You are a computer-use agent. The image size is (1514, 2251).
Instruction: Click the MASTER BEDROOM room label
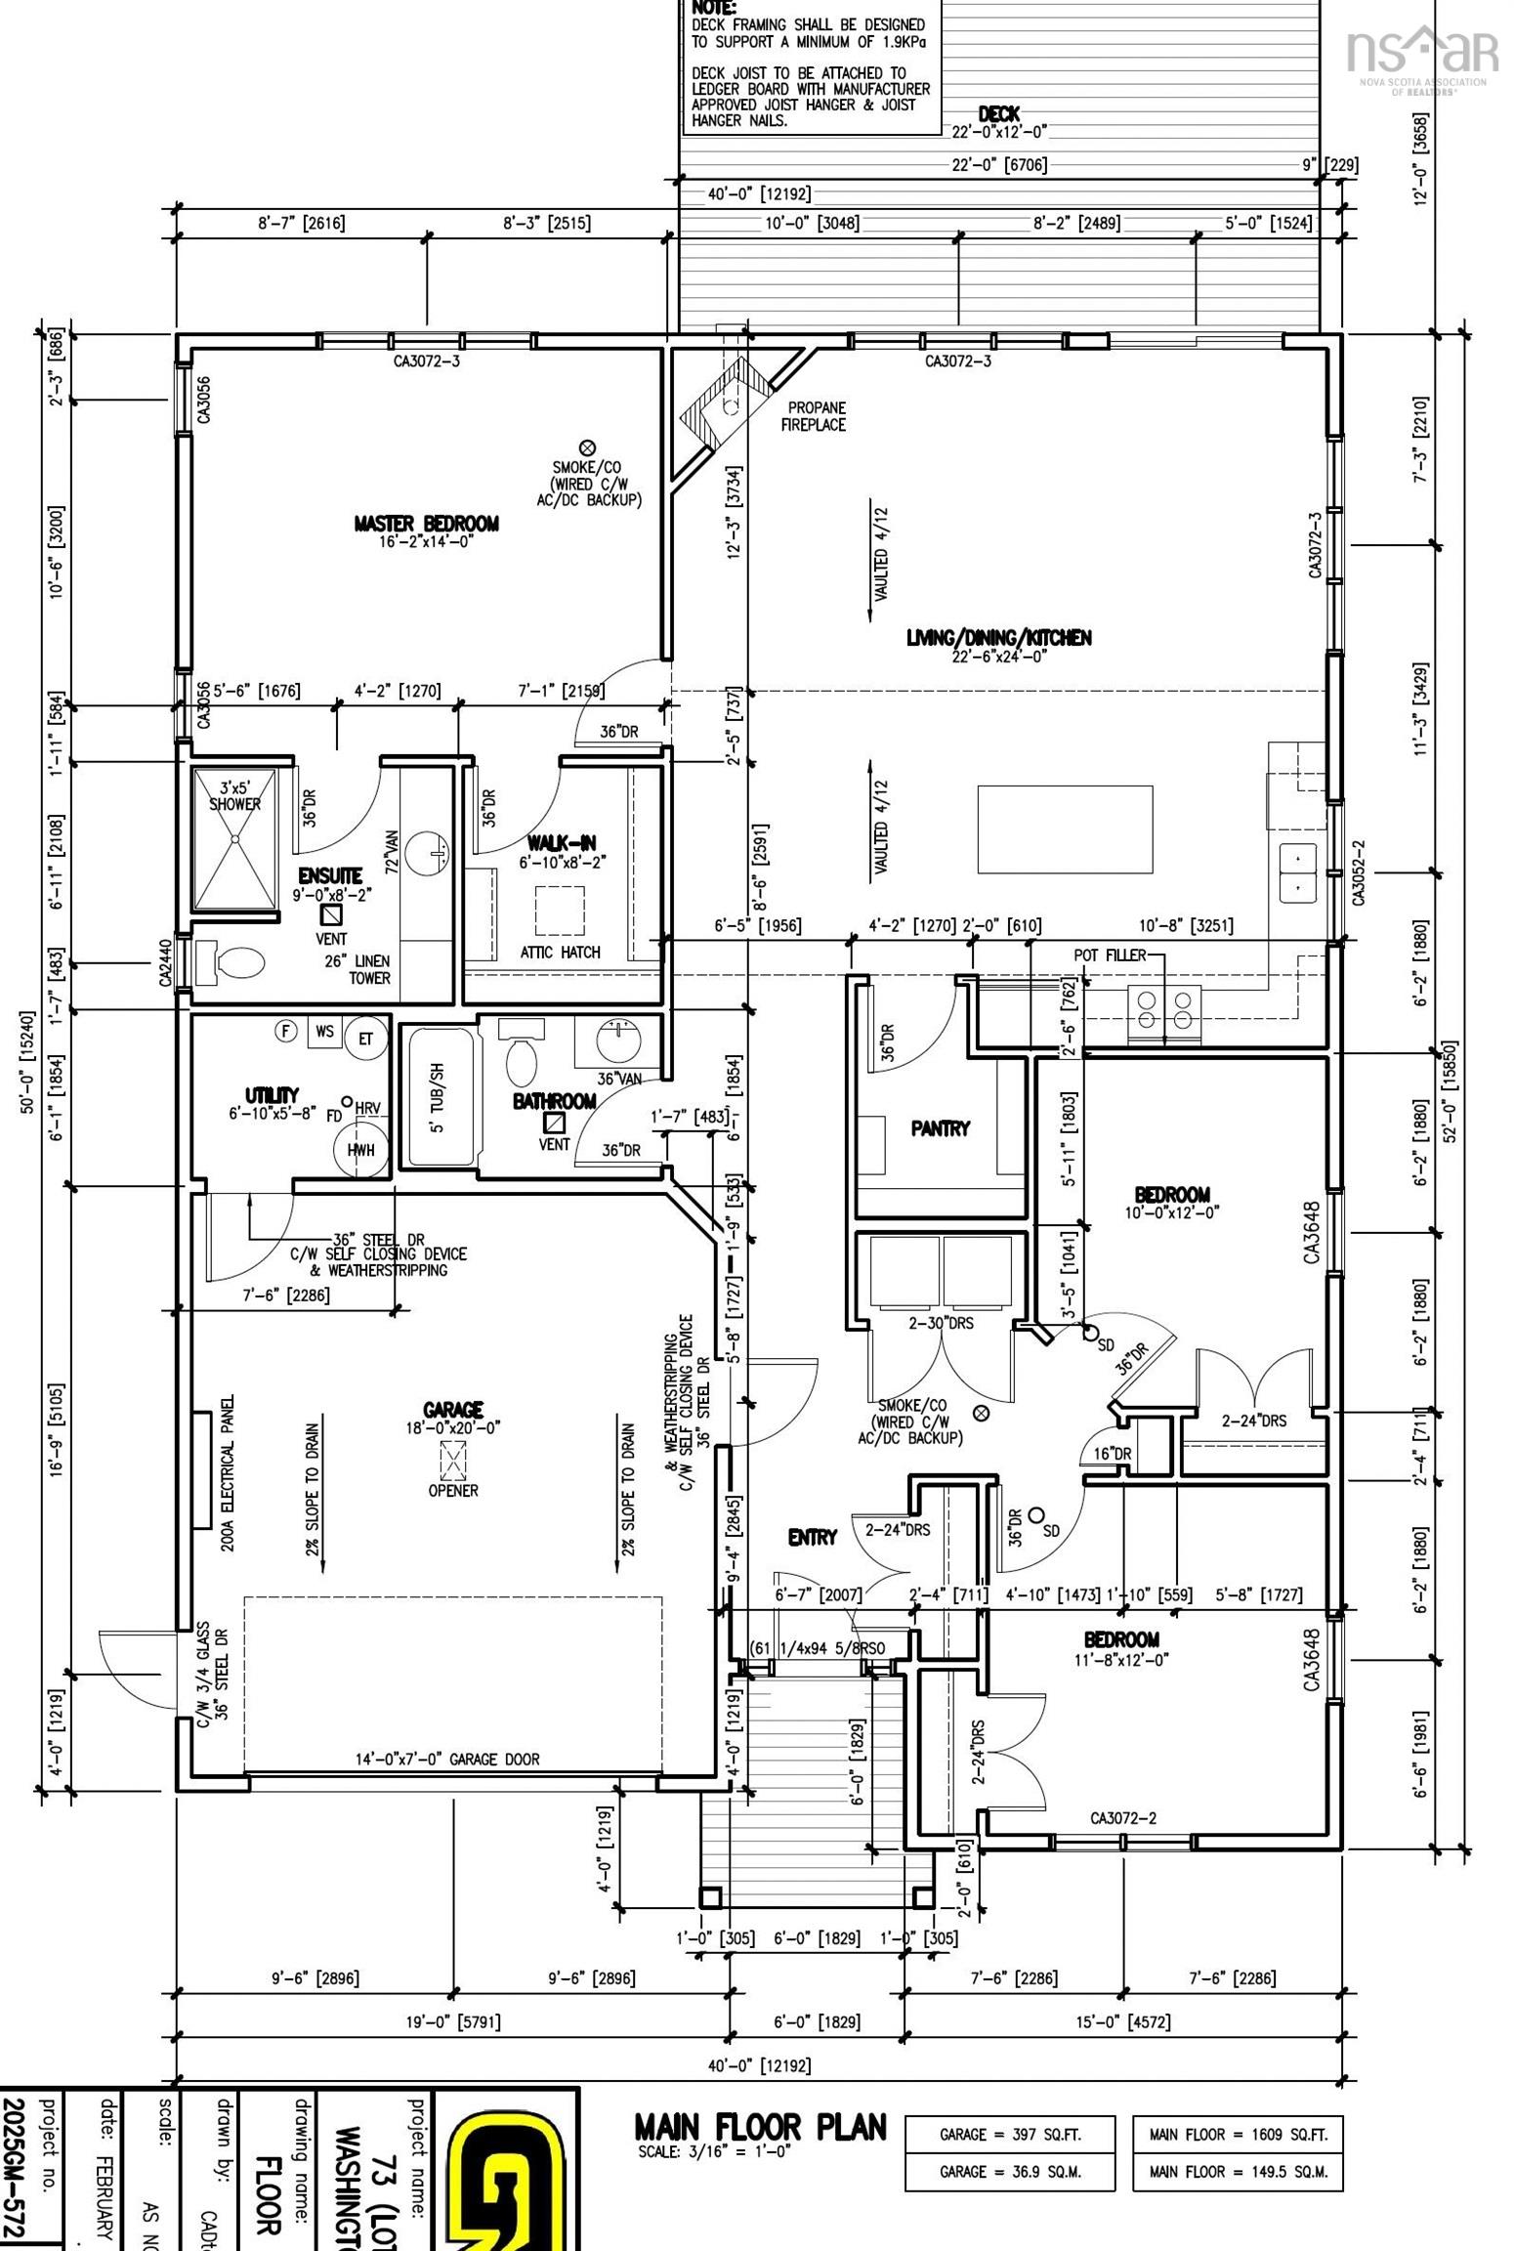426,524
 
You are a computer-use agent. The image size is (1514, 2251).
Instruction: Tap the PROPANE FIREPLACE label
813,415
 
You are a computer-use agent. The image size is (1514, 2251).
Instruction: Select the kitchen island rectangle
1065,828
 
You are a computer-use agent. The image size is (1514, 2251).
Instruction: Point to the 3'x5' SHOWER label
234,795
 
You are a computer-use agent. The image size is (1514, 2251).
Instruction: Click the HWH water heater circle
360,1149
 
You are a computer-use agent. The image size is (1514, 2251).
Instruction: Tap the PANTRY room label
940,1127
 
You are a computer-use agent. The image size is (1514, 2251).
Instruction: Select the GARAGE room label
453,1409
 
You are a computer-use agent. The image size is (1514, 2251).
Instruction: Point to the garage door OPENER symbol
453,1463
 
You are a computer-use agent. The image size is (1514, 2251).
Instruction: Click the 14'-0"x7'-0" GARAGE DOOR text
446,1759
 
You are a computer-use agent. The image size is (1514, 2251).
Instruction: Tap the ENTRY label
813,1537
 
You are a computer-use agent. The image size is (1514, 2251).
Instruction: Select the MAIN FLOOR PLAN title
760,2126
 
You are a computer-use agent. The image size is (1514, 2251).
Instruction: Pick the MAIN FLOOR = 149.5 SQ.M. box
1238,2171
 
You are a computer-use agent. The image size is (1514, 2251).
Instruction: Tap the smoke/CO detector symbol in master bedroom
588,446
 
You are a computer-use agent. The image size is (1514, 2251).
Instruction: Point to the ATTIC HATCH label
560,952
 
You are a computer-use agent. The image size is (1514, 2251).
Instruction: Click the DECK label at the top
998,114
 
